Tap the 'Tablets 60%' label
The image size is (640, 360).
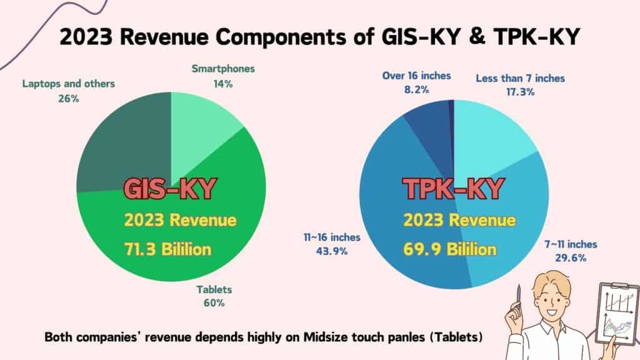click(212, 296)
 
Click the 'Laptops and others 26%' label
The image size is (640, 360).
click(69, 91)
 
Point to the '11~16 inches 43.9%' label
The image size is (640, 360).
click(322, 244)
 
